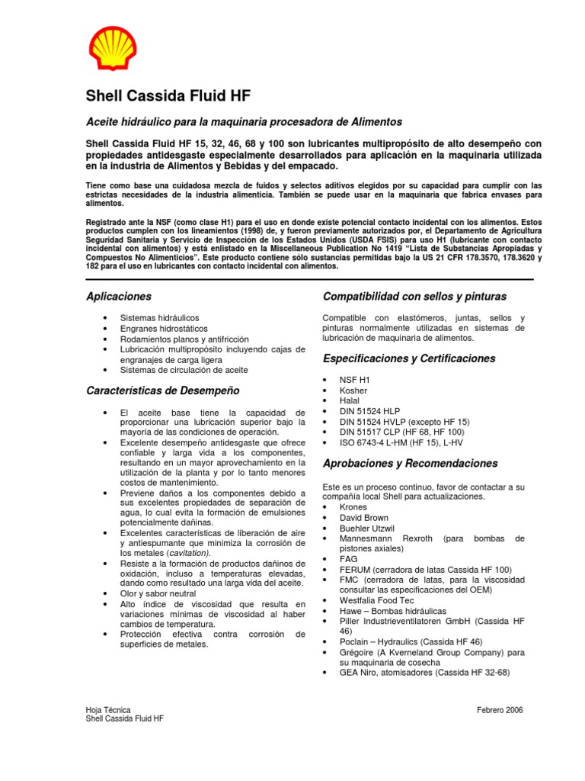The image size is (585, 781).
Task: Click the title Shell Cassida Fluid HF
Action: coord(167,96)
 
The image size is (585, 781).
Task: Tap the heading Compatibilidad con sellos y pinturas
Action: coord(414,296)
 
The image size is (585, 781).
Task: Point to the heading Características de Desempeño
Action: coord(162,390)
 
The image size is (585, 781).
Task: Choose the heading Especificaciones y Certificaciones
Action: coord(409,358)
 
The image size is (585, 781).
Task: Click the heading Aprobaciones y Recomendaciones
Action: coord(411,463)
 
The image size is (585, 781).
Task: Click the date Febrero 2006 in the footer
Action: coord(500,710)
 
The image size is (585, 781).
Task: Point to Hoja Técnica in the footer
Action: coord(107,710)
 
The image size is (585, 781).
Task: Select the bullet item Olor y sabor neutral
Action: coord(158,593)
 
